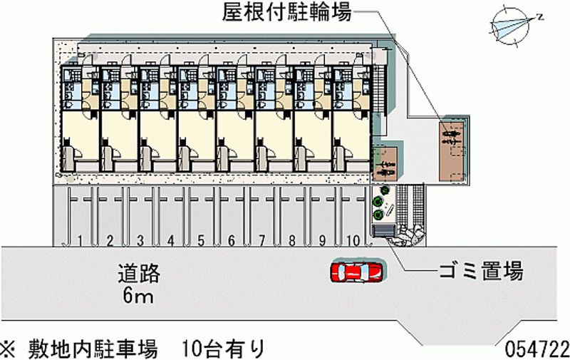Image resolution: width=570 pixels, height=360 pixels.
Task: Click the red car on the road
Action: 356,272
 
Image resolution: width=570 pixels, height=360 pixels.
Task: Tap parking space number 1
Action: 82,240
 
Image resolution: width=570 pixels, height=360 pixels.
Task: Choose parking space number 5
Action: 202,240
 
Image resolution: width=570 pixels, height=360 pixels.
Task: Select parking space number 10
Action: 353,240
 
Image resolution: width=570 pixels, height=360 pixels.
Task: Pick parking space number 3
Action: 141,240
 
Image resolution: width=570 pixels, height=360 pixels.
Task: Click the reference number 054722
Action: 537,349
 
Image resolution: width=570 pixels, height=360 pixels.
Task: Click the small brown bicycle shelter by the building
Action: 385,163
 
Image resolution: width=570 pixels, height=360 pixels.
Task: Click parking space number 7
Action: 262,240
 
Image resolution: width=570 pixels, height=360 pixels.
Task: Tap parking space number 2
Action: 110,240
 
